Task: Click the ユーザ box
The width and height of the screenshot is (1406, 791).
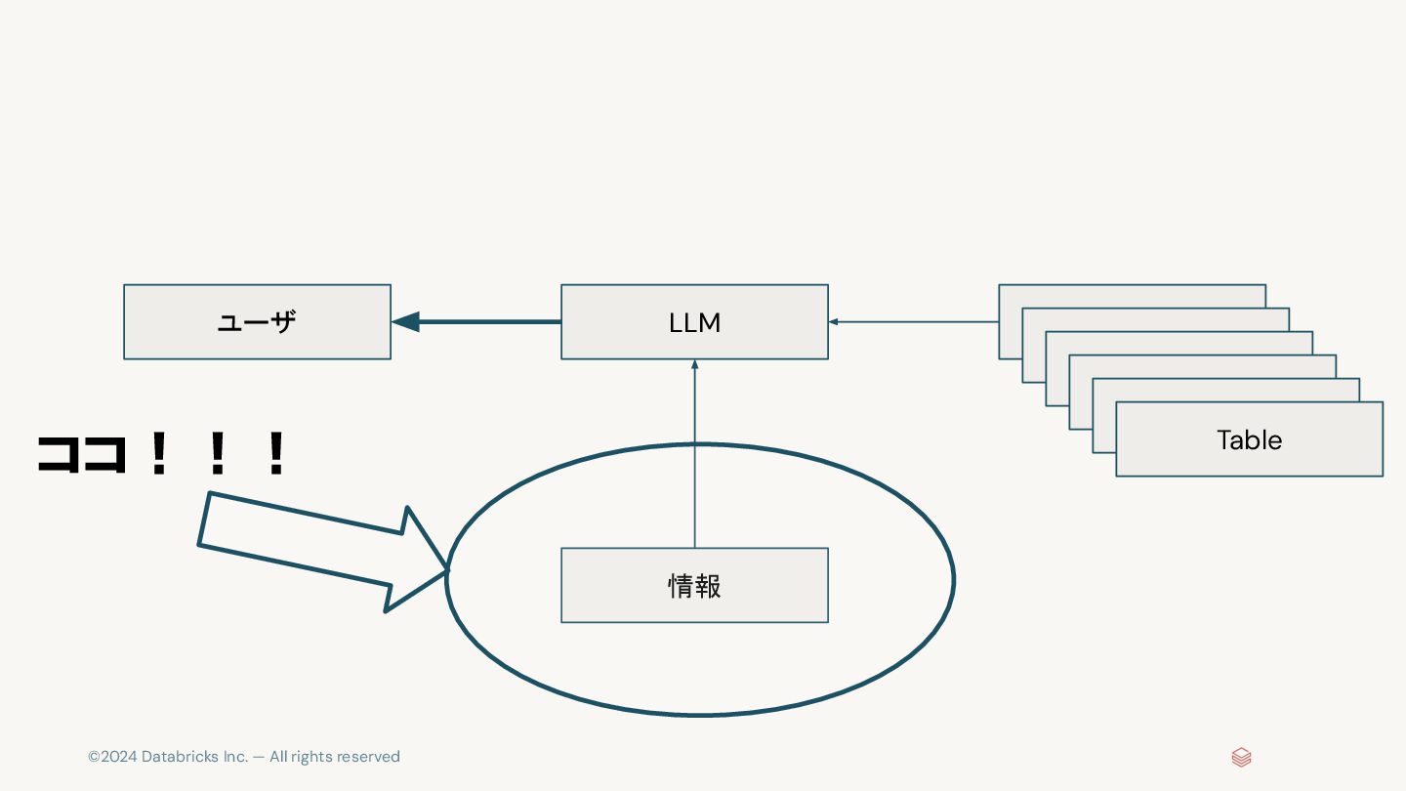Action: [x=257, y=322]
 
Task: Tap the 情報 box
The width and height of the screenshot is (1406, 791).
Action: [x=694, y=585]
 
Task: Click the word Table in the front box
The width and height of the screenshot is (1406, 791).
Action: [x=1249, y=439]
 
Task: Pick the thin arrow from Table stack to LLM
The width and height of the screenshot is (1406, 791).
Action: [x=913, y=321]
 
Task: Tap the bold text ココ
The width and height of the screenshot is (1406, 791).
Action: [x=83, y=454]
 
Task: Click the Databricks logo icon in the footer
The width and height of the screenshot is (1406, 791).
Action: [x=1241, y=757]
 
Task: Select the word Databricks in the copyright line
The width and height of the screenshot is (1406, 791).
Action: [x=180, y=757]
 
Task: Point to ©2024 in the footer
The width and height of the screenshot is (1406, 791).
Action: [x=112, y=757]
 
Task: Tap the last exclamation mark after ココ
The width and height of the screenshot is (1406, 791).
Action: [x=276, y=454]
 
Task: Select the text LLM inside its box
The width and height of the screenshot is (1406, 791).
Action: [x=694, y=323]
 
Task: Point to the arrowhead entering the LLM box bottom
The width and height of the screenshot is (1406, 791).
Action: [x=694, y=365]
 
